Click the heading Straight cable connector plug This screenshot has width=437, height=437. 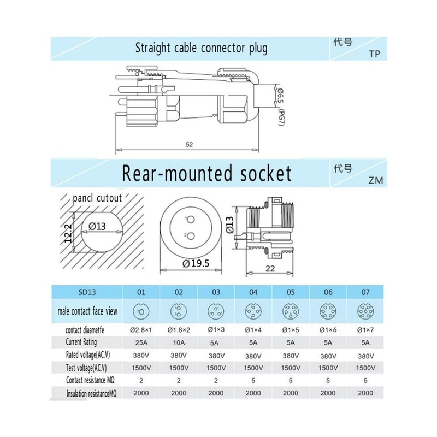tap(201, 48)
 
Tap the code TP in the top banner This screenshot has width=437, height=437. tap(374, 54)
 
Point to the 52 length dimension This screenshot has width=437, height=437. tap(189, 145)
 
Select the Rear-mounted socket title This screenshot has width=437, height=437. tap(206, 174)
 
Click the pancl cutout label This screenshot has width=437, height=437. tap(97, 198)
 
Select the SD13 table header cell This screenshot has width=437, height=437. tap(87, 292)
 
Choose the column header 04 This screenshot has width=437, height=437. tap(253, 292)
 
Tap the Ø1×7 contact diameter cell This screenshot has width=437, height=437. tap(364, 329)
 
